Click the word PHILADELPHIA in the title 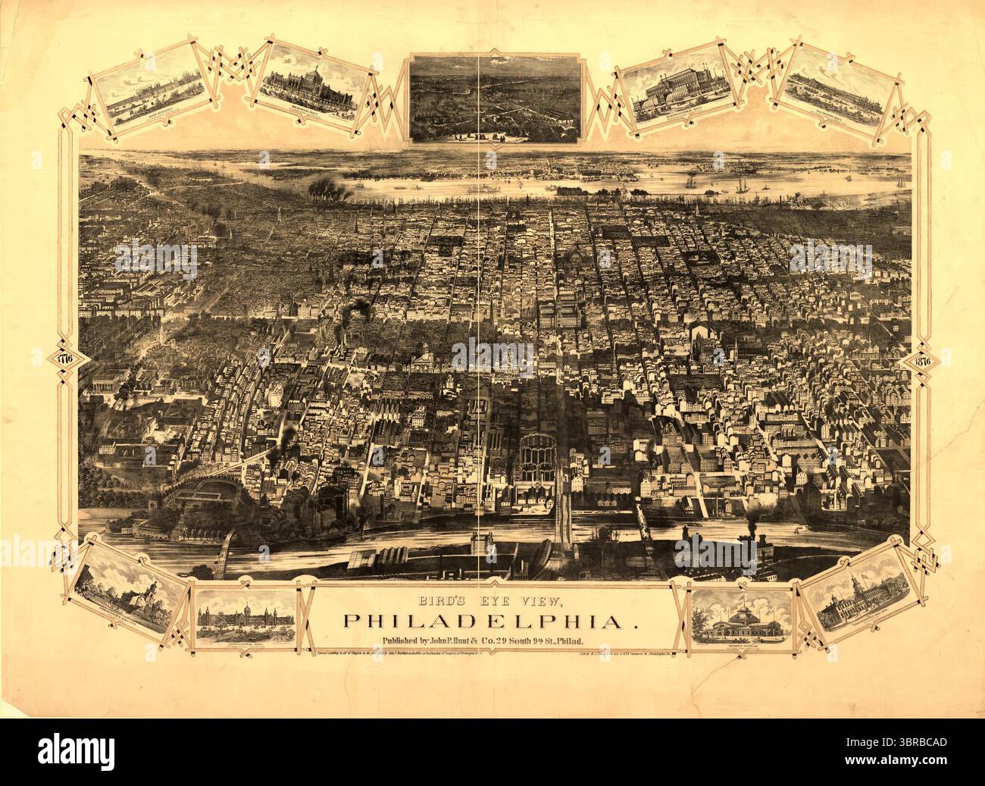[x=489, y=621]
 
